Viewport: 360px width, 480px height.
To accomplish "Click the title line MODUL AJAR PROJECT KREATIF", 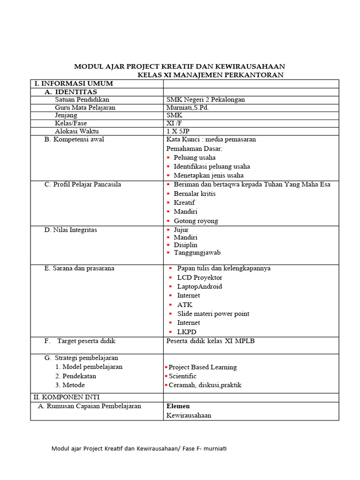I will (180, 66).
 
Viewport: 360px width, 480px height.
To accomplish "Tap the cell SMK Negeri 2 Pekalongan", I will (206, 99).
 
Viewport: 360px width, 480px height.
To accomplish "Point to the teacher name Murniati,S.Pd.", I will (187, 107).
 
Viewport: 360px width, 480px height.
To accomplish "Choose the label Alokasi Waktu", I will (77, 131).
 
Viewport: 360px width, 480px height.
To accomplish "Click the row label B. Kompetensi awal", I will (74, 139).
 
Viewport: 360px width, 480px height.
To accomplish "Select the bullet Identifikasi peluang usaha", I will (211, 166).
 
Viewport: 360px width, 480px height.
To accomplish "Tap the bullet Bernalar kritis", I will (195, 194).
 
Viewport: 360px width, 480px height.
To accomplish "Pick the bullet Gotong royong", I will (195, 221).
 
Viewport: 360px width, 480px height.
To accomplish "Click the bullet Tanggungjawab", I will (197, 253).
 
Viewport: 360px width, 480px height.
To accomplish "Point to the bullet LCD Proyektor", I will (200, 277).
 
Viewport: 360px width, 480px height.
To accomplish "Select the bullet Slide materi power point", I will (213, 314).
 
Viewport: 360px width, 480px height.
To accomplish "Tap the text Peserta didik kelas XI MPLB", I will (210, 341).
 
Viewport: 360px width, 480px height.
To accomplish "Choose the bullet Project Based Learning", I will (202, 367).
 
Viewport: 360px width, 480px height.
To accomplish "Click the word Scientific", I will (182, 376).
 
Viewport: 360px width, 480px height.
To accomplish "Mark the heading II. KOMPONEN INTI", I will (67, 397).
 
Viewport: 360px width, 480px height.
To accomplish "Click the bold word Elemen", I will (178, 406).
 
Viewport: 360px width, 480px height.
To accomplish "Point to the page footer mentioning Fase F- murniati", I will (139, 449).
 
